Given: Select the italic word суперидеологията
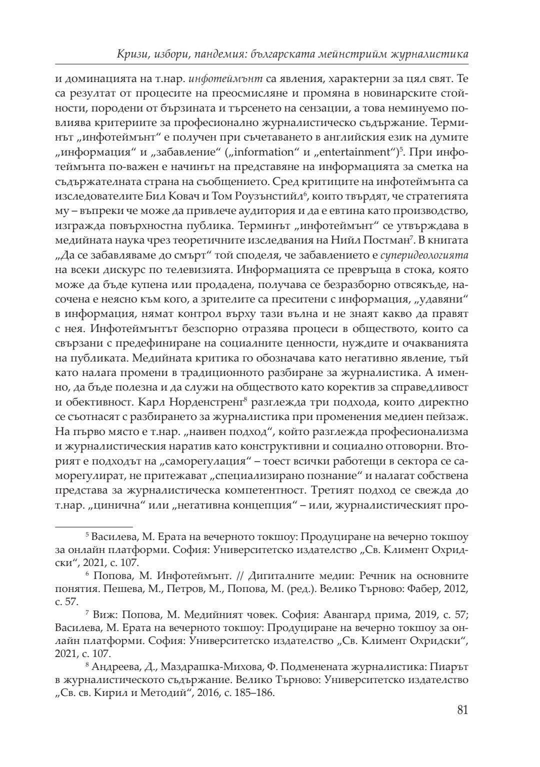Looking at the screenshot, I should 424,256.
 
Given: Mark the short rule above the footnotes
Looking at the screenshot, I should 93,526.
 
